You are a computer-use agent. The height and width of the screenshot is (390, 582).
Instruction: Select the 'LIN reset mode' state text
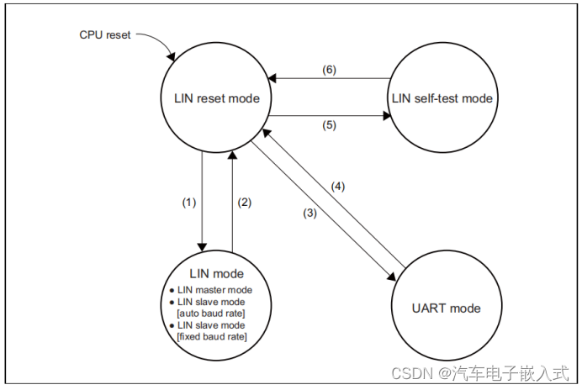point(210,99)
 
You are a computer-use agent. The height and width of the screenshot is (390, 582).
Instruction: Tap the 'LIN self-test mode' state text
point(442,99)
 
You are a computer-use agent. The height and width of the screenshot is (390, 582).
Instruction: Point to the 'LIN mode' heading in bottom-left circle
point(216,273)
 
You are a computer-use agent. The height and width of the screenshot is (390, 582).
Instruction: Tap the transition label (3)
point(310,213)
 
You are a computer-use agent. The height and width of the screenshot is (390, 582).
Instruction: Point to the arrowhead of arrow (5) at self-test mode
point(384,117)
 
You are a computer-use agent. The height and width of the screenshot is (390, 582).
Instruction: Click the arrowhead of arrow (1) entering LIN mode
point(202,245)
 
